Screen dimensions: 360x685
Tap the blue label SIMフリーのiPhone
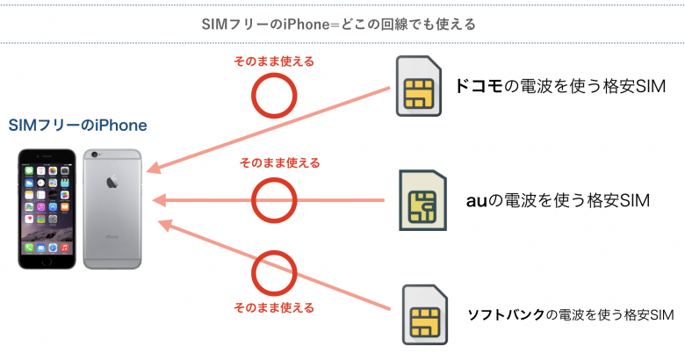(77, 126)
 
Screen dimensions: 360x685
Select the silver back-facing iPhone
(112, 208)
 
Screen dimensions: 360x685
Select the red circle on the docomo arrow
(273, 94)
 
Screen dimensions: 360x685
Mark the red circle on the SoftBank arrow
(273, 272)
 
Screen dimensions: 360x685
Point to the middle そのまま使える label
(278, 163)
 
